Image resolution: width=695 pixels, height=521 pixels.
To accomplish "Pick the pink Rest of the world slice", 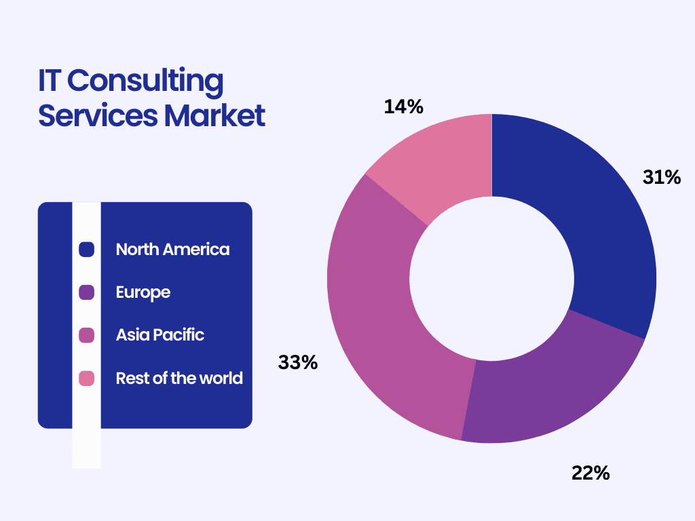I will click(x=441, y=163).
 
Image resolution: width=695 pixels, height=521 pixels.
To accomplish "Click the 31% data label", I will click(x=661, y=178).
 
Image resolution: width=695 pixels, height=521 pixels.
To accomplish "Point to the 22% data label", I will click(x=590, y=473).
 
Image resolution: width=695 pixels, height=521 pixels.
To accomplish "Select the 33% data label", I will click(x=298, y=363).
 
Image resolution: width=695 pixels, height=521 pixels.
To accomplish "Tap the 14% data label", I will click(x=404, y=107).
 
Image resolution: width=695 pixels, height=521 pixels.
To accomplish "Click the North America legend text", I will click(x=172, y=250).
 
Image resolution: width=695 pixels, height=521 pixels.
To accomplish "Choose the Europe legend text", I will click(x=143, y=292).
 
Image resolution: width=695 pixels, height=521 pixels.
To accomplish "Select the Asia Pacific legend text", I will click(x=160, y=335).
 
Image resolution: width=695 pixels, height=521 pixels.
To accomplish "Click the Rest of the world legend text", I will click(x=179, y=378).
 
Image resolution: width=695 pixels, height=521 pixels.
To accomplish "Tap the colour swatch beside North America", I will click(x=86, y=250).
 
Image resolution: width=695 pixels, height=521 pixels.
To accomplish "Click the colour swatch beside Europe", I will click(x=86, y=292).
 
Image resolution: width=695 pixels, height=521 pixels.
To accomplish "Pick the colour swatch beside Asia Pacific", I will click(x=86, y=335).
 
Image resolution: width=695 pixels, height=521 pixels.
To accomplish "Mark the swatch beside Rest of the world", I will click(x=86, y=378).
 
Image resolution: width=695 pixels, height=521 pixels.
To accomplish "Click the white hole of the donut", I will click(x=491, y=278).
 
